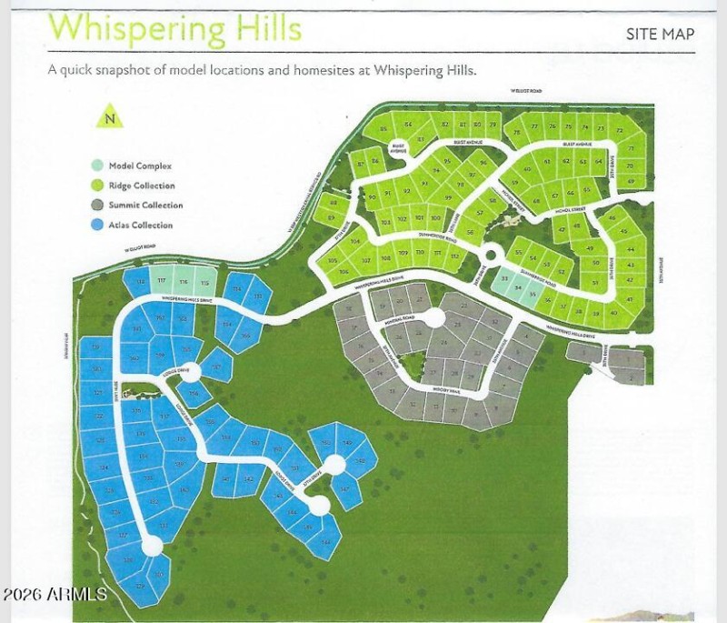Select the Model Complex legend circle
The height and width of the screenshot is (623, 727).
(96, 166)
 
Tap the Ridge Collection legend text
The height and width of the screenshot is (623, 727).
(142, 186)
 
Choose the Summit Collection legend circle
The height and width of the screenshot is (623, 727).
(96, 206)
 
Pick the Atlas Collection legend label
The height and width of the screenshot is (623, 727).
(141, 225)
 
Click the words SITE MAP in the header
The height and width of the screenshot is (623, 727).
(661, 35)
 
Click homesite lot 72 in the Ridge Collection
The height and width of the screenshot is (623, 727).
(619, 131)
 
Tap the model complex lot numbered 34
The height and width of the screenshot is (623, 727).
(518, 289)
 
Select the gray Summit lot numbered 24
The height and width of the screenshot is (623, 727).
(458, 323)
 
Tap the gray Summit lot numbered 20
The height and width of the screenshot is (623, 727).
(400, 301)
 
